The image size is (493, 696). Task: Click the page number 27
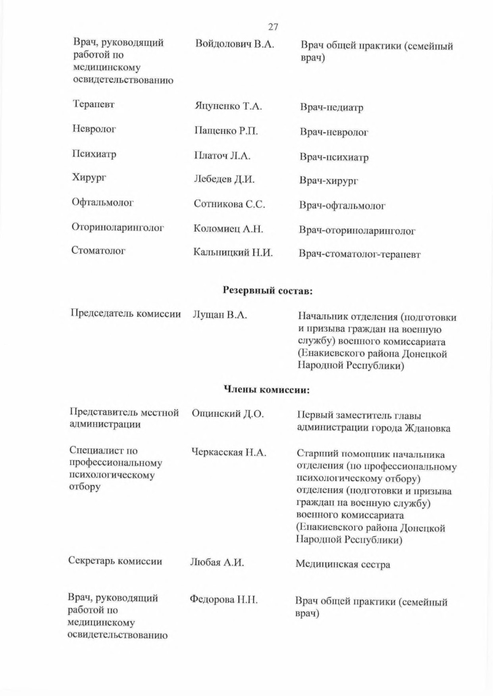(273, 27)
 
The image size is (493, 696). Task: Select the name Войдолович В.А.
(235, 44)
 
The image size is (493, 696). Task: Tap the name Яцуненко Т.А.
(228, 106)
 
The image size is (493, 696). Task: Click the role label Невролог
(94, 129)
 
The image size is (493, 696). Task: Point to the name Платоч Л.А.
(222, 156)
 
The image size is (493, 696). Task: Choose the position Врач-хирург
(329, 181)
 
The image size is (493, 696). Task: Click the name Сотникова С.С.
(229, 204)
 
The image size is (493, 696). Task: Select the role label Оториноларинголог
(118, 228)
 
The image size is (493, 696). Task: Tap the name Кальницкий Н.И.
(233, 252)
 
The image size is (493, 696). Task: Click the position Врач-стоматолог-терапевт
(359, 254)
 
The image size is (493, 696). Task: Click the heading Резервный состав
(268, 291)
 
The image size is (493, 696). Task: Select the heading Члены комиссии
(267, 390)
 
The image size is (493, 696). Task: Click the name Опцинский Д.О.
(228, 414)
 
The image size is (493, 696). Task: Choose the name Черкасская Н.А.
(229, 452)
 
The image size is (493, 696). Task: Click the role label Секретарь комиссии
(115, 561)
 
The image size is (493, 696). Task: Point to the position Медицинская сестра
(343, 564)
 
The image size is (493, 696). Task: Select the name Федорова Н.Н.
(224, 600)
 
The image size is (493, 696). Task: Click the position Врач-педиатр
(331, 108)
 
